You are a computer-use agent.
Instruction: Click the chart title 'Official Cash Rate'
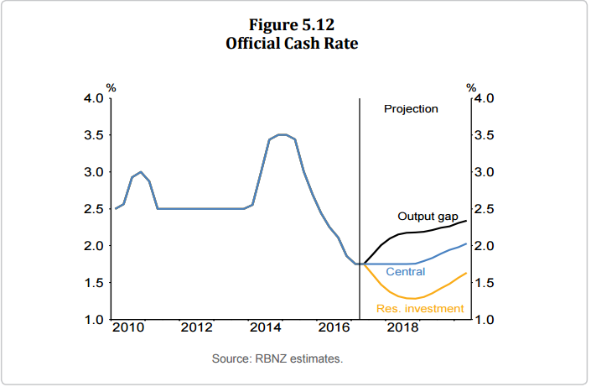point(292,43)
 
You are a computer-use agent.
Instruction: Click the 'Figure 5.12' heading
point(292,24)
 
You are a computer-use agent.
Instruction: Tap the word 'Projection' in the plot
point(411,109)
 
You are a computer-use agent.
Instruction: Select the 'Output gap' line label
point(428,217)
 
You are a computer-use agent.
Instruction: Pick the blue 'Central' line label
point(406,272)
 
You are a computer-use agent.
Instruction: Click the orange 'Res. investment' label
point(420,309)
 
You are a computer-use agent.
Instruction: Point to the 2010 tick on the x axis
point(123,327)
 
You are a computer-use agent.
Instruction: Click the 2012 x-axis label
point(196,327)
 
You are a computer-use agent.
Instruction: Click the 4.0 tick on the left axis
point(93,98)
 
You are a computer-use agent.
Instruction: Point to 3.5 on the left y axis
point(93,135)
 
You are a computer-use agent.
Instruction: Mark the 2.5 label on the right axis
point(485,209)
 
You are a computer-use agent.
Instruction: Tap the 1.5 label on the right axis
point(485,283)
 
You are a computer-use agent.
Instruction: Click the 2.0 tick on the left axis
point(93,246)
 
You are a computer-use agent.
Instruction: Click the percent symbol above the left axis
point(110,87)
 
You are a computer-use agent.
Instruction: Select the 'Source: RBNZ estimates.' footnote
point(277,358)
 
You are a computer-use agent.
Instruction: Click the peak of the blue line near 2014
point(283,134)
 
